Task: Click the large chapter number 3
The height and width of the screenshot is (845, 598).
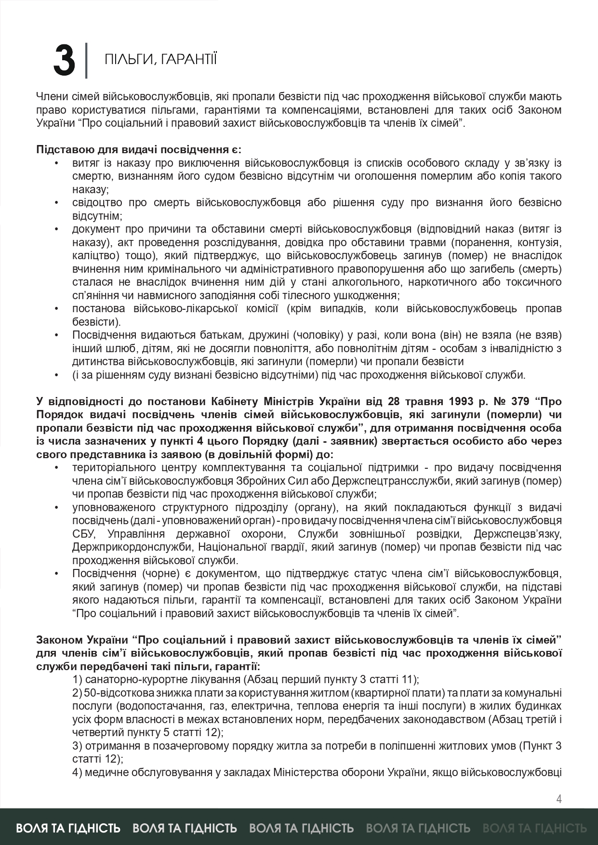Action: pyautogui.click(x=64, y=61)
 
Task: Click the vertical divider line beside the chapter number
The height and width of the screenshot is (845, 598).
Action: pyautogui.click(x=86, y=61)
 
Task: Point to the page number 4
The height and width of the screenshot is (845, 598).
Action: pyautogui.click(x=559, y=799)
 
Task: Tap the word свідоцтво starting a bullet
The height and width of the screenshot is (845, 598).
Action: pyautogui.click(x=97, y=202)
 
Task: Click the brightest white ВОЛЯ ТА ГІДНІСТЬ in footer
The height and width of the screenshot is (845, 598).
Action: pyautogui.click(x=68, y=828)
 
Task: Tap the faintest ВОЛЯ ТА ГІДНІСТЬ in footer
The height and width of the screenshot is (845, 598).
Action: pyautogui.click(x=534, y=828)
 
